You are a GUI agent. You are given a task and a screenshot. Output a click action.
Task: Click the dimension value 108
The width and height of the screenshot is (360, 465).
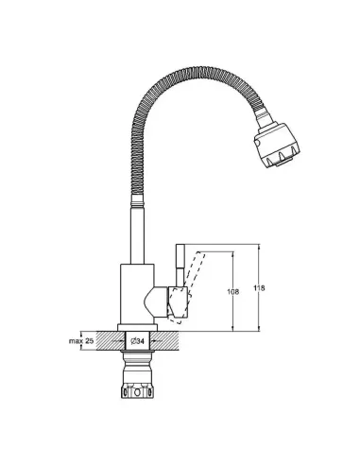pos(232,292)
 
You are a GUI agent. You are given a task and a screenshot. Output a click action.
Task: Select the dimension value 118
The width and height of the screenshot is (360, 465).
pos(259,288)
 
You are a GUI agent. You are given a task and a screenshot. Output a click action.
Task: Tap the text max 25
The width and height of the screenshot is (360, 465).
pos(81,341)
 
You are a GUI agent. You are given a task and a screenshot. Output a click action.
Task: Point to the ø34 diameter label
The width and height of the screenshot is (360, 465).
pos(137,341)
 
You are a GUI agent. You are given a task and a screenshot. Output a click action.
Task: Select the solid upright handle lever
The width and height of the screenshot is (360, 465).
pos(180,266)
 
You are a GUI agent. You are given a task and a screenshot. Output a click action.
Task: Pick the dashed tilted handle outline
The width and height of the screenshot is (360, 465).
pos(187,285)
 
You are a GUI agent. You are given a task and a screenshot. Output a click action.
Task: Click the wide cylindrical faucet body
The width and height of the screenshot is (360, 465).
pos(137,294)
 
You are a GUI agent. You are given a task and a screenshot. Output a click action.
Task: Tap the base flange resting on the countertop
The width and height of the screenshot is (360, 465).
pos(137,328)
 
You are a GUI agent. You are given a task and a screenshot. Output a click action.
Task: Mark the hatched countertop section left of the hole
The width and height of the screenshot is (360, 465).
pos(111,340)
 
